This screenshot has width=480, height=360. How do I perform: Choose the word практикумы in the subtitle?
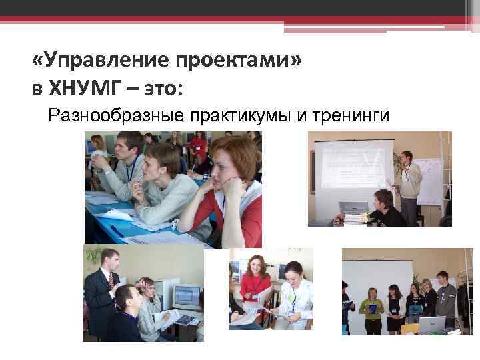(241, 117)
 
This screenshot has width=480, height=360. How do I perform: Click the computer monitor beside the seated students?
(187, 295)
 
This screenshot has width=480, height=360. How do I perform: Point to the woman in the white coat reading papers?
(293, 293)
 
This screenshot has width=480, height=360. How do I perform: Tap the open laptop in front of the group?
(431, 325)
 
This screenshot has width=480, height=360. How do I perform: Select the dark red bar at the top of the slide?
(240, 20)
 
